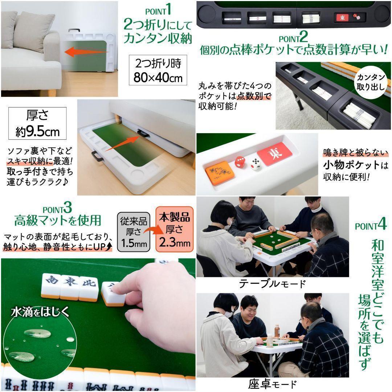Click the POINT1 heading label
pos(158,10)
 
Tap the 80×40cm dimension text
pos(158,78)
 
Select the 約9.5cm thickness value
pos(37,131)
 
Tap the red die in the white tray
pos(240,162)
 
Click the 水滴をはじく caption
pos(40,311)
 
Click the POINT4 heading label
pos(371,226)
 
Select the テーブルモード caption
pos(272,283)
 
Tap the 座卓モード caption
pos(272,384)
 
